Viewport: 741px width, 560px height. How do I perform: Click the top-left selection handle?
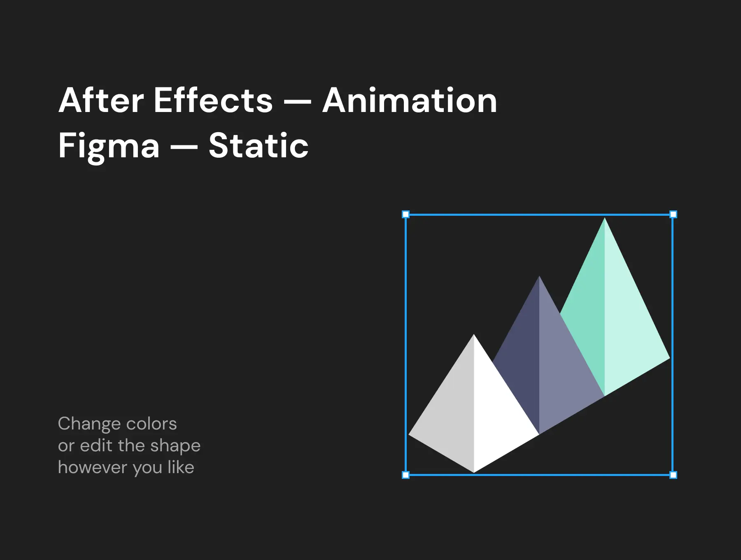(405, 214)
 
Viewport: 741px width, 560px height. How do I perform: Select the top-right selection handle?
(673, 214)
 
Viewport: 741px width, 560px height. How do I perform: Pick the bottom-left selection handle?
(405, 475)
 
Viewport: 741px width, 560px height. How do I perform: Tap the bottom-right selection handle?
(673, 475)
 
